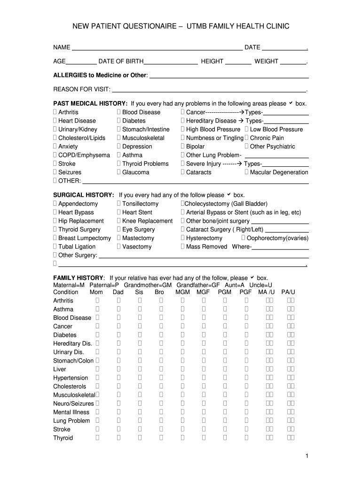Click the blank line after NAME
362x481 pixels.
(x=157, y=48)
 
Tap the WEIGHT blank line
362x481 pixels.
(x=293, y=62)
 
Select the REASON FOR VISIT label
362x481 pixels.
(x=82, y=89)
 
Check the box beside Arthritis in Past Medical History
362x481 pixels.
(x=55, y=112)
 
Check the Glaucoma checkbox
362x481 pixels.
(x=119, y=172)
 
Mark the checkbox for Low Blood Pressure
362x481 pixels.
(x=247, y=129)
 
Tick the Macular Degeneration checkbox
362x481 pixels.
(x=247, y=172)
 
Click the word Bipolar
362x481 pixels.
(x=195, y=147)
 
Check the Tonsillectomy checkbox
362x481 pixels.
(x=119, y=204)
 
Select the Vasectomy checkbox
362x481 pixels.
(x=119, y=247)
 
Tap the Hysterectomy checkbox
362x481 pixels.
(x=183, y=238)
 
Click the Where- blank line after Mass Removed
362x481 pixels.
(x=281, y=248)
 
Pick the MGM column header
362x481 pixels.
(x=182, y=292)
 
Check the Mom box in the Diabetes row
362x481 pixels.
(x=97, y=335)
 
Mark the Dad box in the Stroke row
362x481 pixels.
(x=119, y=429)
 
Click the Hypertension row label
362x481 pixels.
(x=71, y=378)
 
